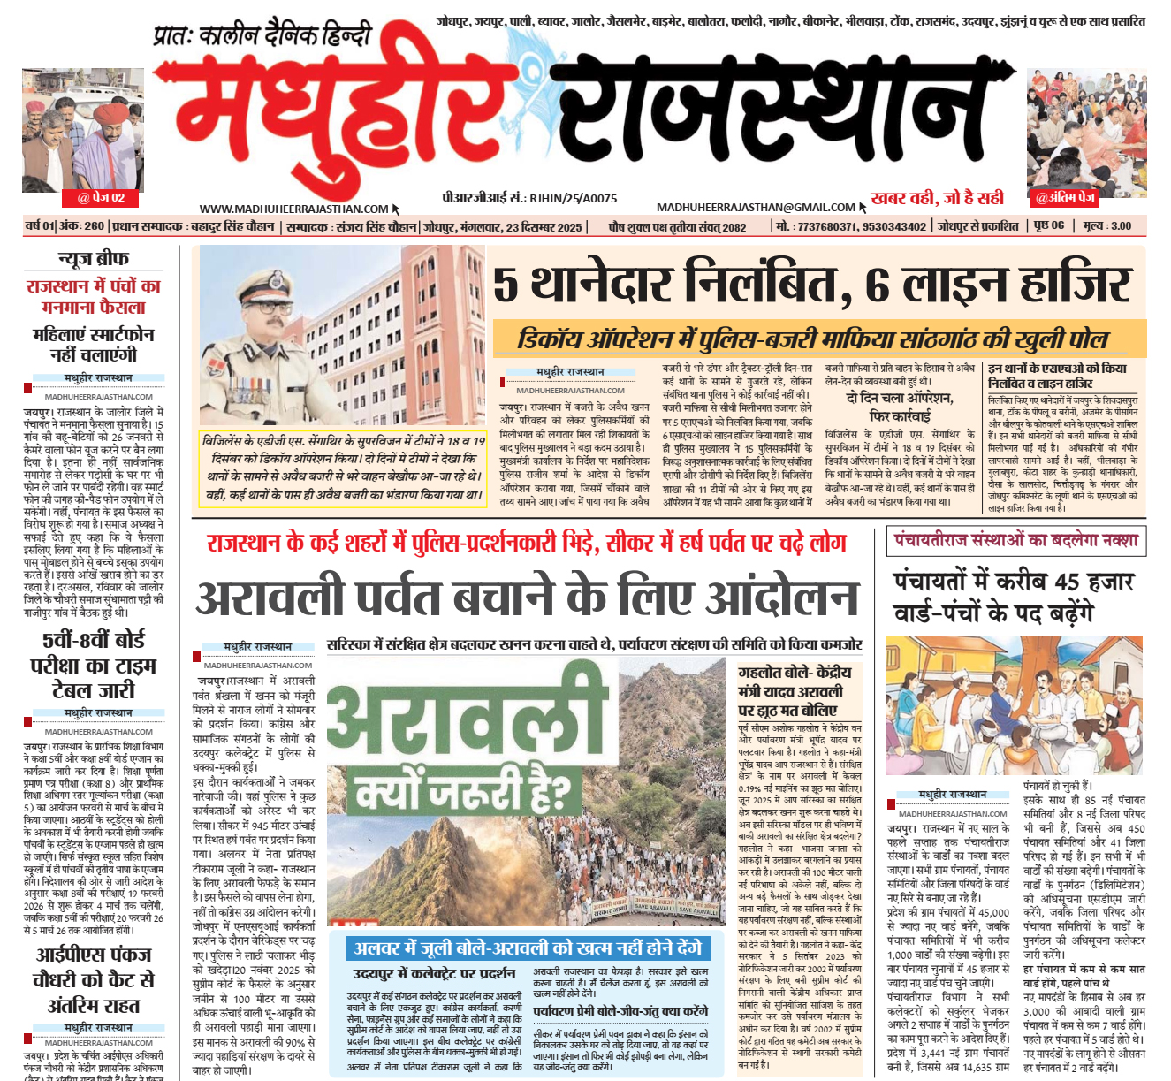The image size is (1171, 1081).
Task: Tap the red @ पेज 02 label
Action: click(102, 197)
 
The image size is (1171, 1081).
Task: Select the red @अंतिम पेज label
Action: click(1065, 197)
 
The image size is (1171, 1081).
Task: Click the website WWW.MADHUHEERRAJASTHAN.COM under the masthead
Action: click(293, 209)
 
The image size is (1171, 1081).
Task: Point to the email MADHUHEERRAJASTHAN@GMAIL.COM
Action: click(756, 207)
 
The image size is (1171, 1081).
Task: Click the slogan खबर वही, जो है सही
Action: click(937, 198)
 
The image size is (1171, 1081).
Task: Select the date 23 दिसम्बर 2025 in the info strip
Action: click(537, 227)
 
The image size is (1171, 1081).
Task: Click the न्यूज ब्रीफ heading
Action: click(94, 258)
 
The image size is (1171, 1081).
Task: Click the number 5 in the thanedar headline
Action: click(506, 285)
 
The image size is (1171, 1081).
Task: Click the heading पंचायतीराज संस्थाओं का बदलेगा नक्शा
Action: click(1015, 540)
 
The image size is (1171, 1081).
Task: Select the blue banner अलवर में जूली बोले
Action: click(527, 948)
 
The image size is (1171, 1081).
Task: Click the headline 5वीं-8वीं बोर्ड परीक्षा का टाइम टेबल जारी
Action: click(94, 665)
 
